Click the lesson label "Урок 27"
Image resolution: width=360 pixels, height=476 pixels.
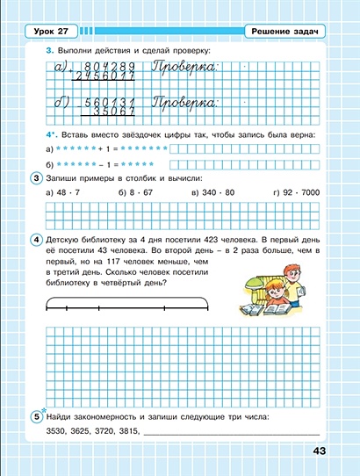tap(51, 32)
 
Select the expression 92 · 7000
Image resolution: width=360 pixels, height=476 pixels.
tap(303, 191)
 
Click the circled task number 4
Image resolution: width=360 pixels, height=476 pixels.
tap(36, 238)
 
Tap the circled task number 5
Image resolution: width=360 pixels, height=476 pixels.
tap(36, 416)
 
